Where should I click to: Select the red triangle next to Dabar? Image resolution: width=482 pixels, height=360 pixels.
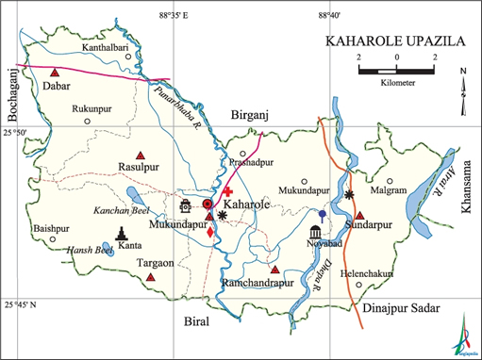[56, 73]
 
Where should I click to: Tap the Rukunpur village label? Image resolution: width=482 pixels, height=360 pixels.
[97, 109]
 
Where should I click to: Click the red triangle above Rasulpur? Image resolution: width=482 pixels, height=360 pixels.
[141, 155]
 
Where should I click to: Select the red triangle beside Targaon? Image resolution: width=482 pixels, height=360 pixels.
[150, 277]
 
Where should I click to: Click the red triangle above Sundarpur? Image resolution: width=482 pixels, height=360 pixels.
[358, 216]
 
